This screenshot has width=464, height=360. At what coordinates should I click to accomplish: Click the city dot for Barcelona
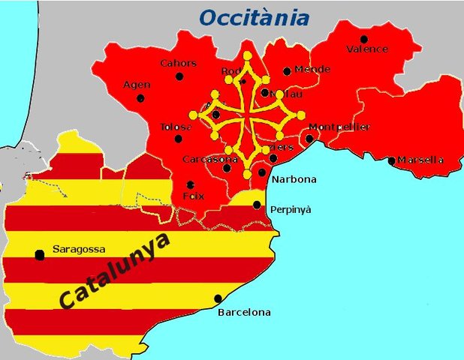point(218,298)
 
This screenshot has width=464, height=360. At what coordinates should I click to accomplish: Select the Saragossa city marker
point(40,255)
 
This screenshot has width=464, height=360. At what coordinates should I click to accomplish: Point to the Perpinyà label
point(291,209)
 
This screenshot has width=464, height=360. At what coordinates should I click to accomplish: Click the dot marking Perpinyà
point(257,204)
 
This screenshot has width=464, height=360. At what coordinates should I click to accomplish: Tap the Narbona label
point(294,179)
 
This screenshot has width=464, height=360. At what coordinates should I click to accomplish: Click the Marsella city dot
point(391,160)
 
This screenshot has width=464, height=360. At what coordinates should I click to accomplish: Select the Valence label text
point(367,49)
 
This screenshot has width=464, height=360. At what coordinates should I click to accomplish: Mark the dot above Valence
point(364,39)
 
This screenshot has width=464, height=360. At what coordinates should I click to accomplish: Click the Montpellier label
point(339,127)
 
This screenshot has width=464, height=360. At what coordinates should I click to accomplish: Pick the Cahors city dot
point(179,76)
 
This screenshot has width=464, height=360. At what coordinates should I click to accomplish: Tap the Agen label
point(137,85)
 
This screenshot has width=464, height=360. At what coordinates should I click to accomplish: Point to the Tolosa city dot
point(178,138)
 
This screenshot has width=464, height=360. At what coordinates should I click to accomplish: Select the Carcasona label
point(210,159)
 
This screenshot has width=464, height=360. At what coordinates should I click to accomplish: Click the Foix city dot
point(191,184)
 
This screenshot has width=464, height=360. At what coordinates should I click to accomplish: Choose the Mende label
point(312,69)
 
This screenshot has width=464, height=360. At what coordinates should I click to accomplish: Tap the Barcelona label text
point(244,312)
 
